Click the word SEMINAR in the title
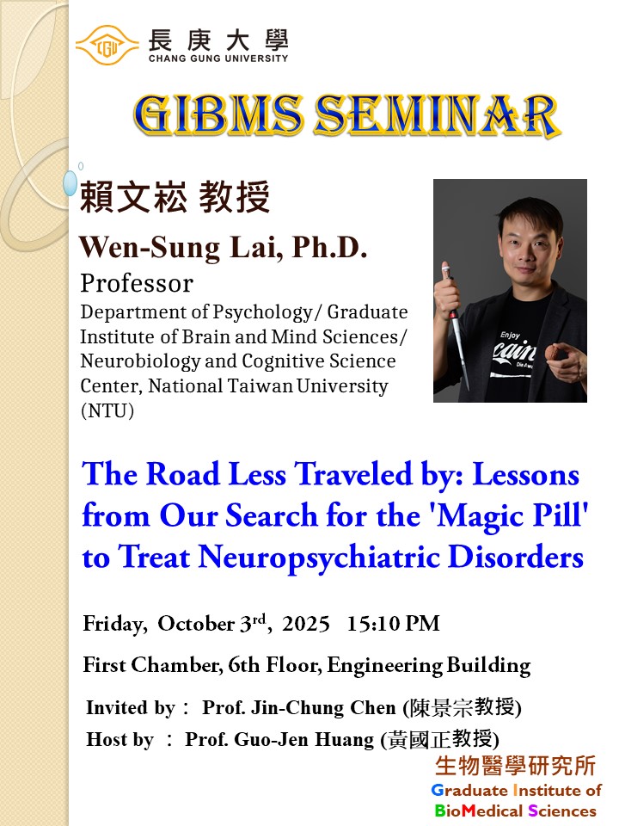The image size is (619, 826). [444, 114]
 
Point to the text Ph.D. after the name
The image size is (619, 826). [329, 248]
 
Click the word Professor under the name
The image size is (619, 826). [137, 283]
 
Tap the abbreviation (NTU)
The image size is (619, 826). [107, 410]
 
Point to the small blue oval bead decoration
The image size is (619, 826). [70, 182]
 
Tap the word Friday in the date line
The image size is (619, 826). [115, 624]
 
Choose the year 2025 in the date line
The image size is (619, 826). [306, 624]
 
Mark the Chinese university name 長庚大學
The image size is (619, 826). [218, 40]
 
